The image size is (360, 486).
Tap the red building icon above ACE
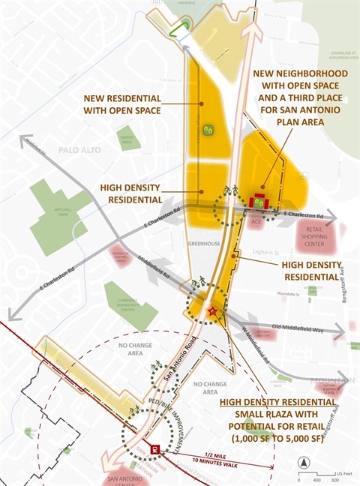click(x=259, y=202)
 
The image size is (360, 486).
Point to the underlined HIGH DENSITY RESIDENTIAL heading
click(x=277, y=403)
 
